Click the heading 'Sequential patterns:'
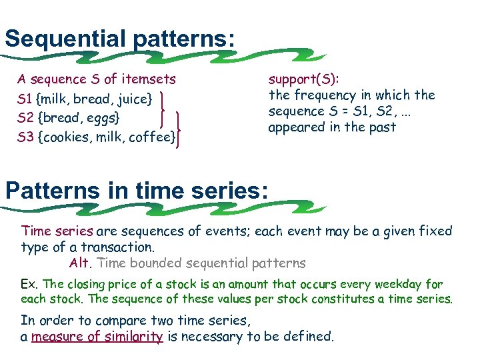pos(120,38)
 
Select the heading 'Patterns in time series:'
pos(137,191)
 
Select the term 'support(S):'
pos(303,79)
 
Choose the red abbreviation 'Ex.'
pos(30,284)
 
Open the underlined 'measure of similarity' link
pos(97,337)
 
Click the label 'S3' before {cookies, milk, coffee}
pos(26,137)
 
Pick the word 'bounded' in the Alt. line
pos(152,263)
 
